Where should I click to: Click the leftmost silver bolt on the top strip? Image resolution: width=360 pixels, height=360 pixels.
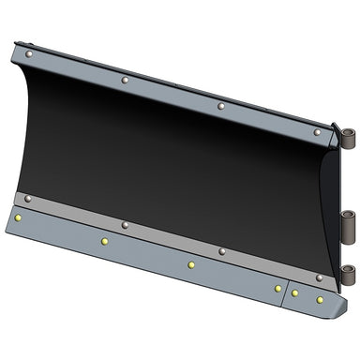click(x=30, y=55)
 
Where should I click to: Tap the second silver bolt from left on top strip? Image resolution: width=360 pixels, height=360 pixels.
click(x=125, y=81)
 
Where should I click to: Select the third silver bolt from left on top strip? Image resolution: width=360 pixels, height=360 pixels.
click(x=220, y=107)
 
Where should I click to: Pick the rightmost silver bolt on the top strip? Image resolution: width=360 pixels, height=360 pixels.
click(x=317, y=133)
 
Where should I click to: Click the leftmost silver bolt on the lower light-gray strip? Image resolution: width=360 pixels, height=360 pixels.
click(x=28, y=199)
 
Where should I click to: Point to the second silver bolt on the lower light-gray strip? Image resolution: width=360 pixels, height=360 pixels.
click(x=125, y=225)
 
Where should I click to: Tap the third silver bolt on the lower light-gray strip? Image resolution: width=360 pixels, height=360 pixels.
click(x=222, y=251)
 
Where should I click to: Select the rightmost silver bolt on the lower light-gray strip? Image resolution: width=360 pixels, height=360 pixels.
click(x=320, y=277)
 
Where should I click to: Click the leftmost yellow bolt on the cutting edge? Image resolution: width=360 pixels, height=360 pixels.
click(x=18, y=218)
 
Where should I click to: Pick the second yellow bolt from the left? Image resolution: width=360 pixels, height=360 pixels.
click(x=104, y=242)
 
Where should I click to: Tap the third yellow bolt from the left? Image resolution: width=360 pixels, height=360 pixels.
click(x=190, y=265)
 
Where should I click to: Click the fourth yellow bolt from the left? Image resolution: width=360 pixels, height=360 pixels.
click(x=277, y=288)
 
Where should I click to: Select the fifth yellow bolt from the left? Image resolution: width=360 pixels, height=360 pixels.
click(x=294, y=293)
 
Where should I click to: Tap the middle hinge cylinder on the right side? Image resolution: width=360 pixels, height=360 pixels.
click(x=349, y=223)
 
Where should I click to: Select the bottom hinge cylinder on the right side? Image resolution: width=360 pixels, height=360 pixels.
click(x=349, y=275)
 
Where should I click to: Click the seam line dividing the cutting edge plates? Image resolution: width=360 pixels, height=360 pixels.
click(x=286, y=292)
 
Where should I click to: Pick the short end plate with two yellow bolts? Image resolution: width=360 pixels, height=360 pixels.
click(x=309, y=297)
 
